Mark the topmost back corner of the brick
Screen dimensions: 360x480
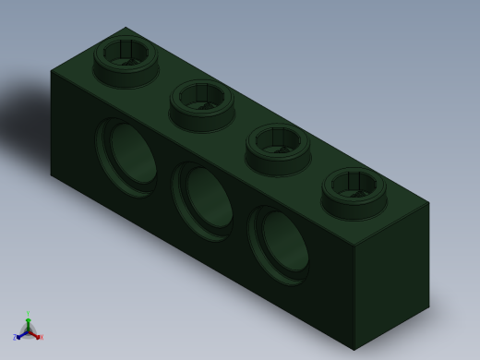(x=126, y=28)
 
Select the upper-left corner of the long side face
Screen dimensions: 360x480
(x=51, y=71)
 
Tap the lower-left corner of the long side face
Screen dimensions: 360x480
(x=51, y=174)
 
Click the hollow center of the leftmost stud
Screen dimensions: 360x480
(x=126, y=51)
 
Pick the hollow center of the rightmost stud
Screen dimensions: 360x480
(x=354, y=182)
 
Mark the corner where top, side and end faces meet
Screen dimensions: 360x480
(x=354, y=246)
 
